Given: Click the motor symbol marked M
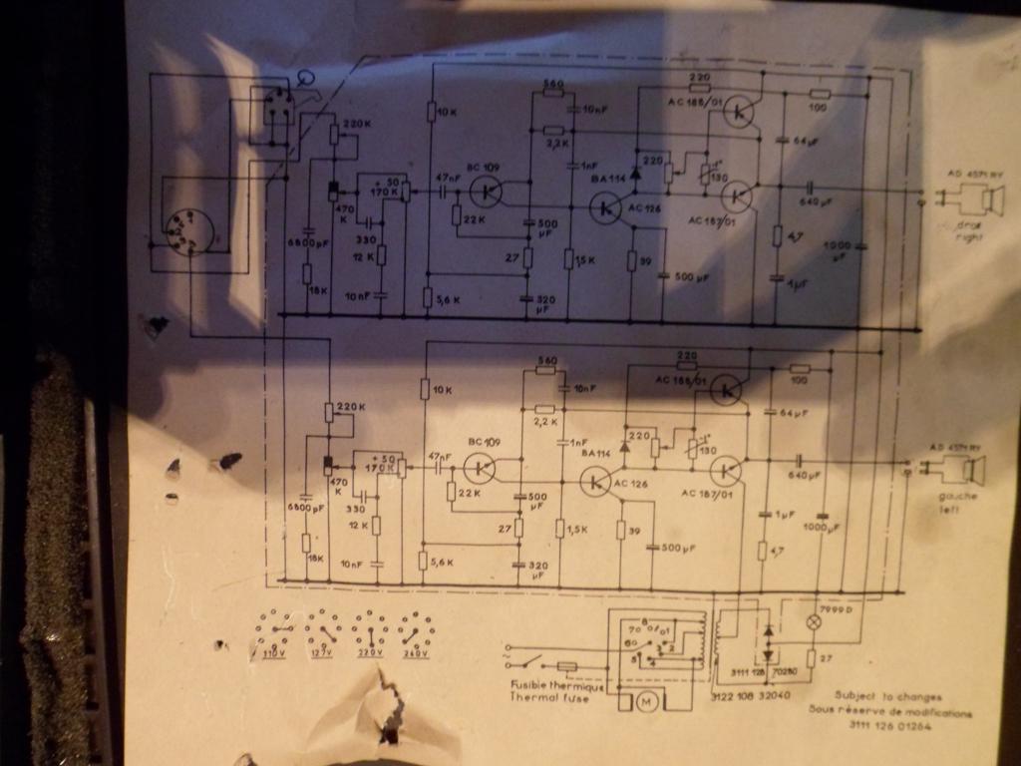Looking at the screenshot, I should pos(645,702).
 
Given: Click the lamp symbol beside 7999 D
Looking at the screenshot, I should pos(813,620).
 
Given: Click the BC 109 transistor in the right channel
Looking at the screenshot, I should pos(486,190).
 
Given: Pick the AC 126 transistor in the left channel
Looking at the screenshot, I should pos(594,482).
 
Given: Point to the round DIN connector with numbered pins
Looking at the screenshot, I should pos(188,230).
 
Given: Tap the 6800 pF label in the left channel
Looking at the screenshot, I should pos(307,508).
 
